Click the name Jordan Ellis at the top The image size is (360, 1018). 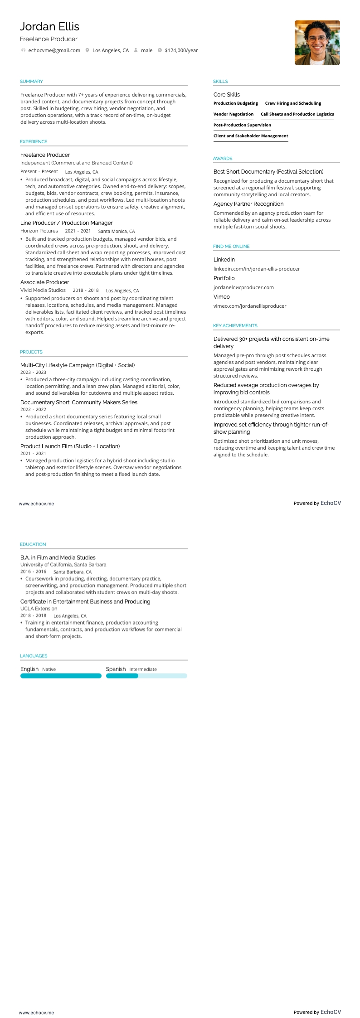coord(49,27)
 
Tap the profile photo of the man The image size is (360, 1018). coord(317,43)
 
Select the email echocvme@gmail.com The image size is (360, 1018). coord(54,50)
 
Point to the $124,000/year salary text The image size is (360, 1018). coord(181,50)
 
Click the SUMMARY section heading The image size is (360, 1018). coord(31,82)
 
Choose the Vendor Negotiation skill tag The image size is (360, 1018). coord(234,114)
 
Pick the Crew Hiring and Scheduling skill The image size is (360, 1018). coord(293,103)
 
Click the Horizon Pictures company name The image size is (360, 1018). coord(39,231)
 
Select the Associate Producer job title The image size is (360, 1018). coord(44,282)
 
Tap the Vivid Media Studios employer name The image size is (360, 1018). coord(43,290)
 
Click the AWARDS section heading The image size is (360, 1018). coord(223,159)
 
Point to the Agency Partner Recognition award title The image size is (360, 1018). coord(248,204)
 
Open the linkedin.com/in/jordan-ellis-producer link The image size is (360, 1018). coord(257,269)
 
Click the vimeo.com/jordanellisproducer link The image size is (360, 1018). coord(250,306)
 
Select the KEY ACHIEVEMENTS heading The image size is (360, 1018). coord(235,326)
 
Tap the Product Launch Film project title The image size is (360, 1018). coord(70,446)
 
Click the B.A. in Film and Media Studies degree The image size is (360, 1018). coord(58,557)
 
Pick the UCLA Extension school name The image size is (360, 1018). coord(39,609)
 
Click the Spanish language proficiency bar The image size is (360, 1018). coord(146,676)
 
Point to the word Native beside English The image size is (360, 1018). coord(49,669)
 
